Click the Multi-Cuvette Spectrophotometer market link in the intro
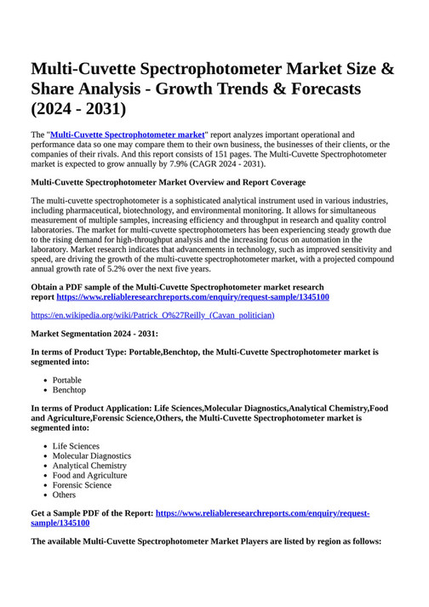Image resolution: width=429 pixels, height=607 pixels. coord(128,135)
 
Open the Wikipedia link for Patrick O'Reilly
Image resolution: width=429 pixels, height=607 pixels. coord(152,315)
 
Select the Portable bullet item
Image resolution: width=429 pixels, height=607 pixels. coord(67,381)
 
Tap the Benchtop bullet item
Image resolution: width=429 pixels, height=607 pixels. coord(69,390)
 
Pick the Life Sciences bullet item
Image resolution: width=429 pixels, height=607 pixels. coord(76,446)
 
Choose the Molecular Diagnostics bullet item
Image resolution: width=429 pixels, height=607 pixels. coord(92,456)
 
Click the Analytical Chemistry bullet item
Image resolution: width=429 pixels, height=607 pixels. coord(89,466)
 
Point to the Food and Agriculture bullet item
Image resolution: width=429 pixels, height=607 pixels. coord(89,475)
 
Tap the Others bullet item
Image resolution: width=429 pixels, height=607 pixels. coord(64,495)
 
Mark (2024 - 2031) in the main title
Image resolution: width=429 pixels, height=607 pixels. coord(78,109)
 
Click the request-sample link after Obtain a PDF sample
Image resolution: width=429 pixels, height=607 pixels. coord(193,297)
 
